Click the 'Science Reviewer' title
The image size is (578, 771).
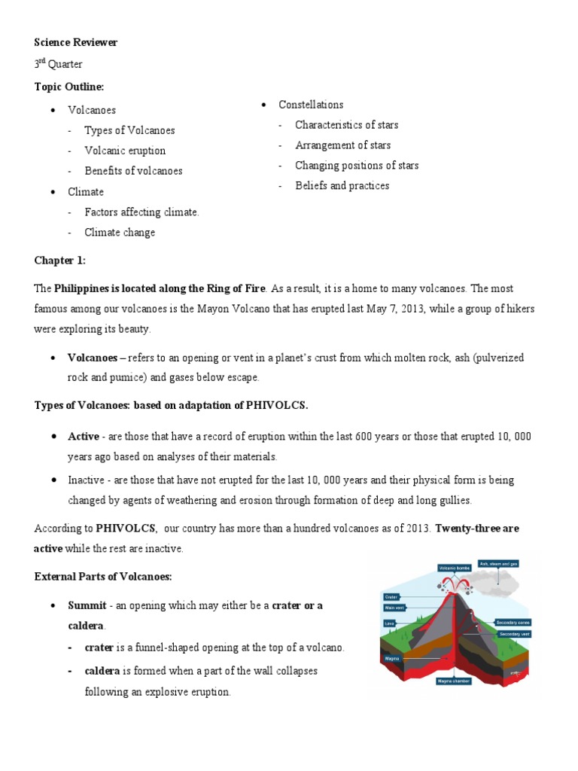tap(76, 42)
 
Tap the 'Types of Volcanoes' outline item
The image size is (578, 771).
tap(129, 130)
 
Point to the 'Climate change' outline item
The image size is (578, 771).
tap(120, 233)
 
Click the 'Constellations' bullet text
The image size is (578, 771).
tap(311, 105)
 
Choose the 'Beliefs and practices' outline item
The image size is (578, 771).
tap(342, 186)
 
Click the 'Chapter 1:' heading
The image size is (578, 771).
tap(60, 261)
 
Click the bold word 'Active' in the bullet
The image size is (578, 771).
tap(84, 437)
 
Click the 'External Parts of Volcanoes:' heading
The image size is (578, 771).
tap(103, 577)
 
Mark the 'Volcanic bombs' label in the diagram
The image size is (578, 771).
tap(454, 568)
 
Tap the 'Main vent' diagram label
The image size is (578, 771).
tap(394, 608)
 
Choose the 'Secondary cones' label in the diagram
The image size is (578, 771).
tap(514, 623)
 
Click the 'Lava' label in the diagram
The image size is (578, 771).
tap(390, 623)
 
